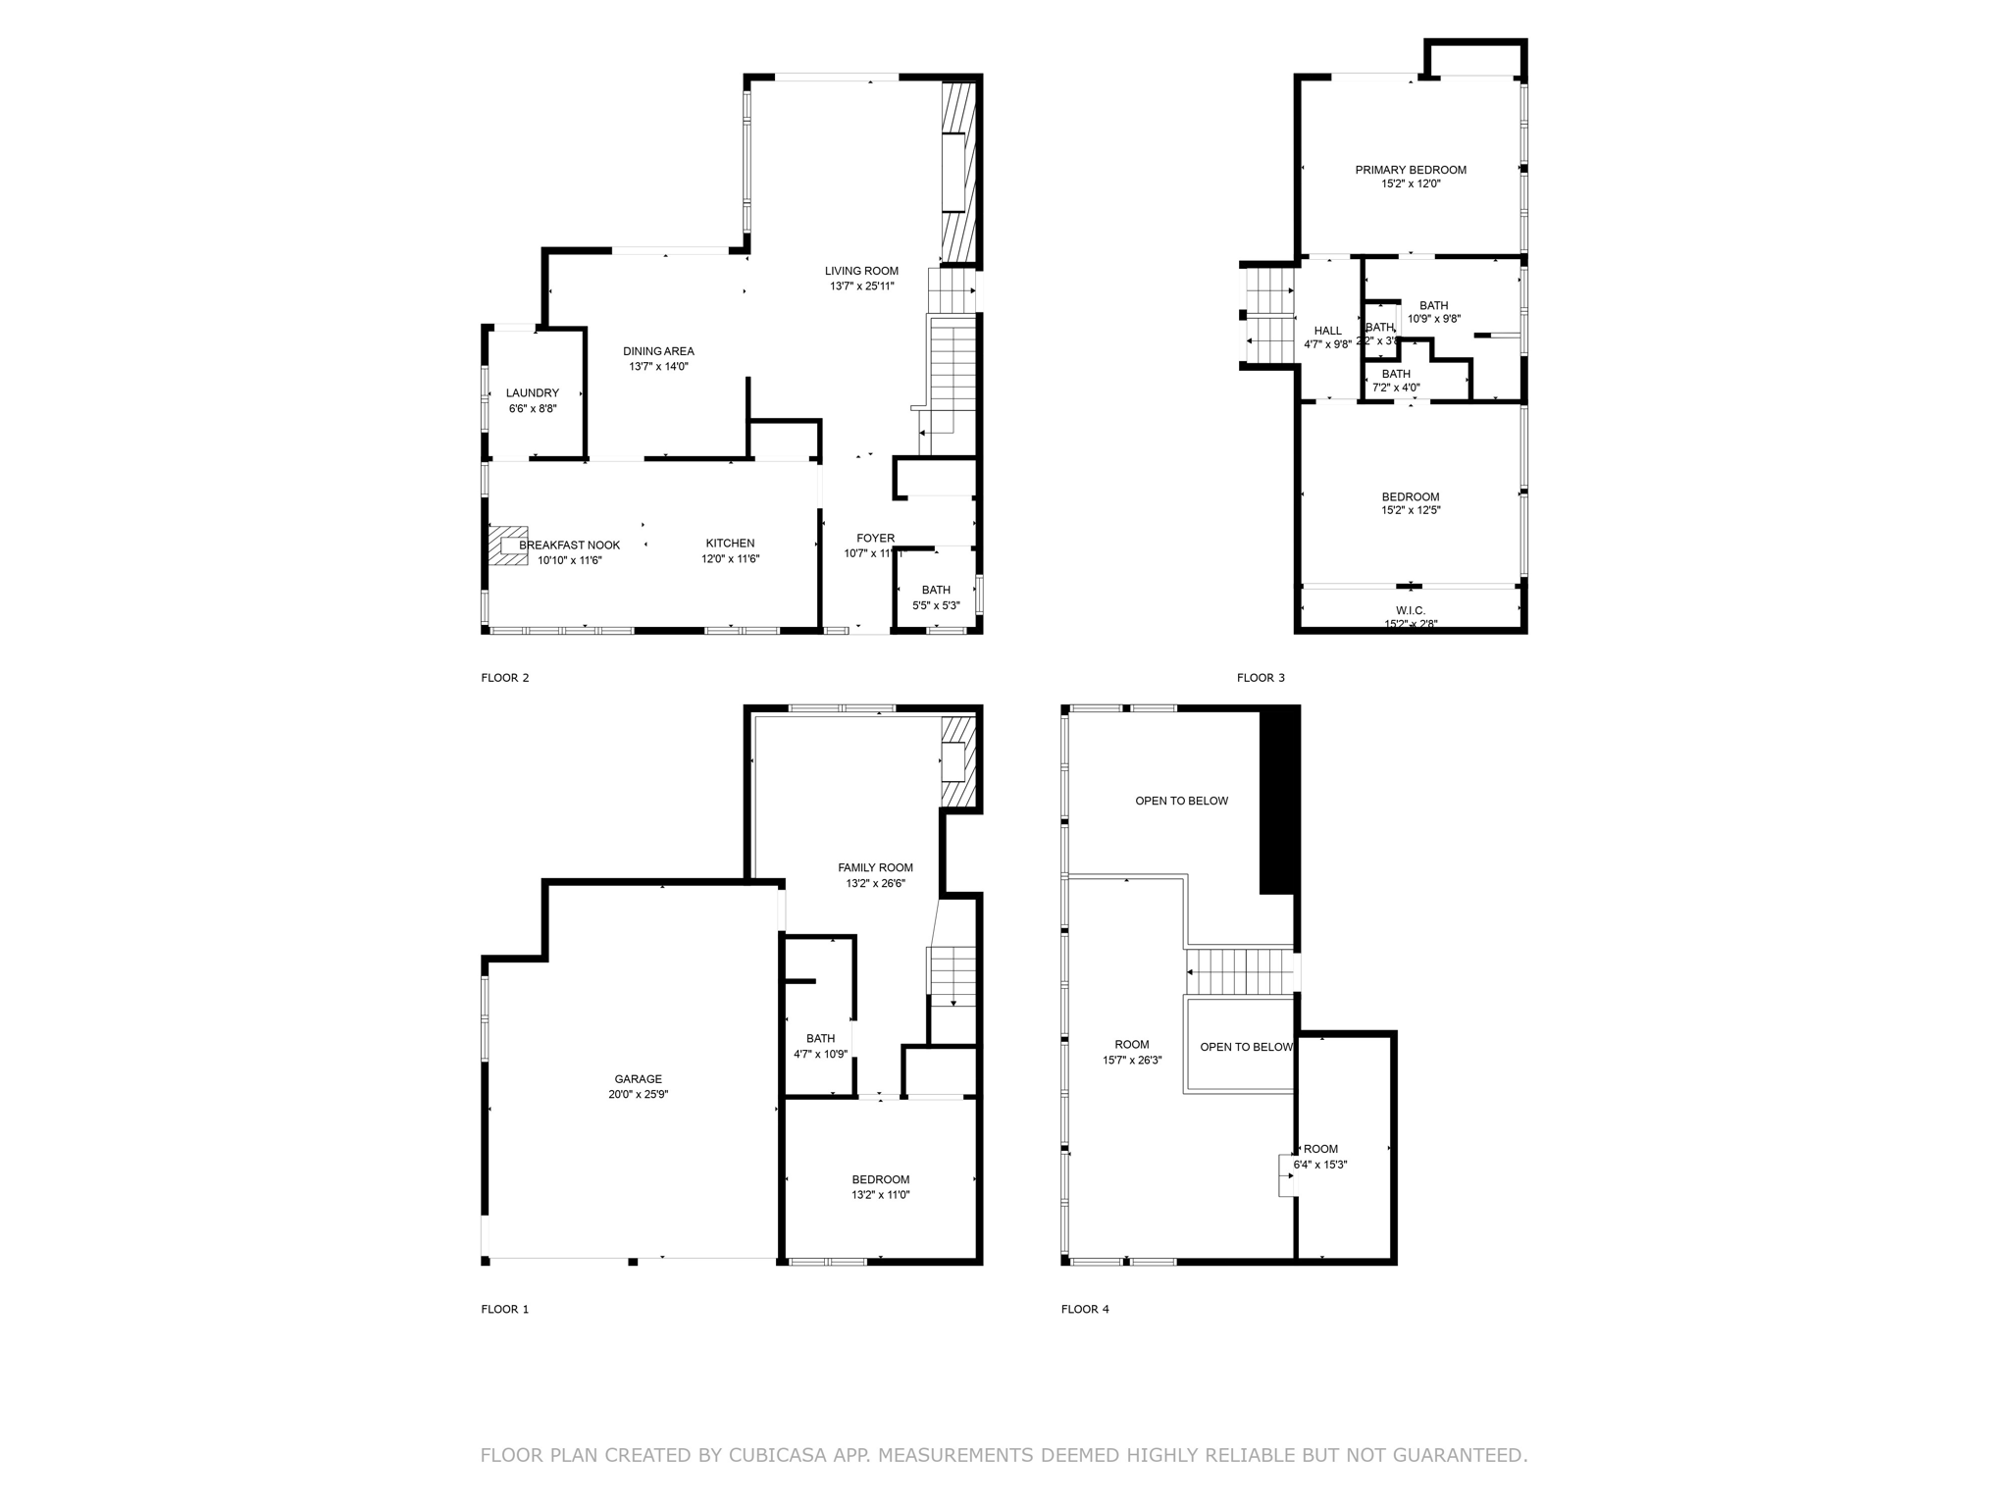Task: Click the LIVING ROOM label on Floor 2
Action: pos(861,271)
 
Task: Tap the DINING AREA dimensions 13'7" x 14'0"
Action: pos(658,367)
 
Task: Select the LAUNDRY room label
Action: pos(533,392)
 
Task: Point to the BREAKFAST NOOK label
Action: pos(569,545)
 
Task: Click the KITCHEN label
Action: pos(730,543)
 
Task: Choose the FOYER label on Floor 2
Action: pos(875,538)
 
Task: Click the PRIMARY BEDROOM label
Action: pos(1411,170)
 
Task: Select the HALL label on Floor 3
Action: pos(1327,331)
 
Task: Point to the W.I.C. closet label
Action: pos(1411,610)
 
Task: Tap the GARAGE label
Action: pos(638,1078)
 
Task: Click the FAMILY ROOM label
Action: pos(875,867)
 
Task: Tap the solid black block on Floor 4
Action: pos(1279,800)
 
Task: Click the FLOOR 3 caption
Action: pos(1260,678)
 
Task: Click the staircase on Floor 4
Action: pos(1241,972)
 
